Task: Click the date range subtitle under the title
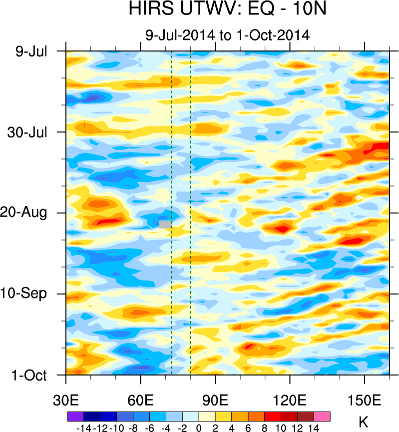tap(227, 35)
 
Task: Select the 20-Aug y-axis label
tap(28, 213)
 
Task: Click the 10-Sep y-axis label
tap(28, 293)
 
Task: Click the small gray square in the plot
tap(165, 224)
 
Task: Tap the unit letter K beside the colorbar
tap(363, 422)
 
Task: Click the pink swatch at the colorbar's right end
tap(322, 416)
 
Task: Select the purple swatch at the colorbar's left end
tap(75, 416)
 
